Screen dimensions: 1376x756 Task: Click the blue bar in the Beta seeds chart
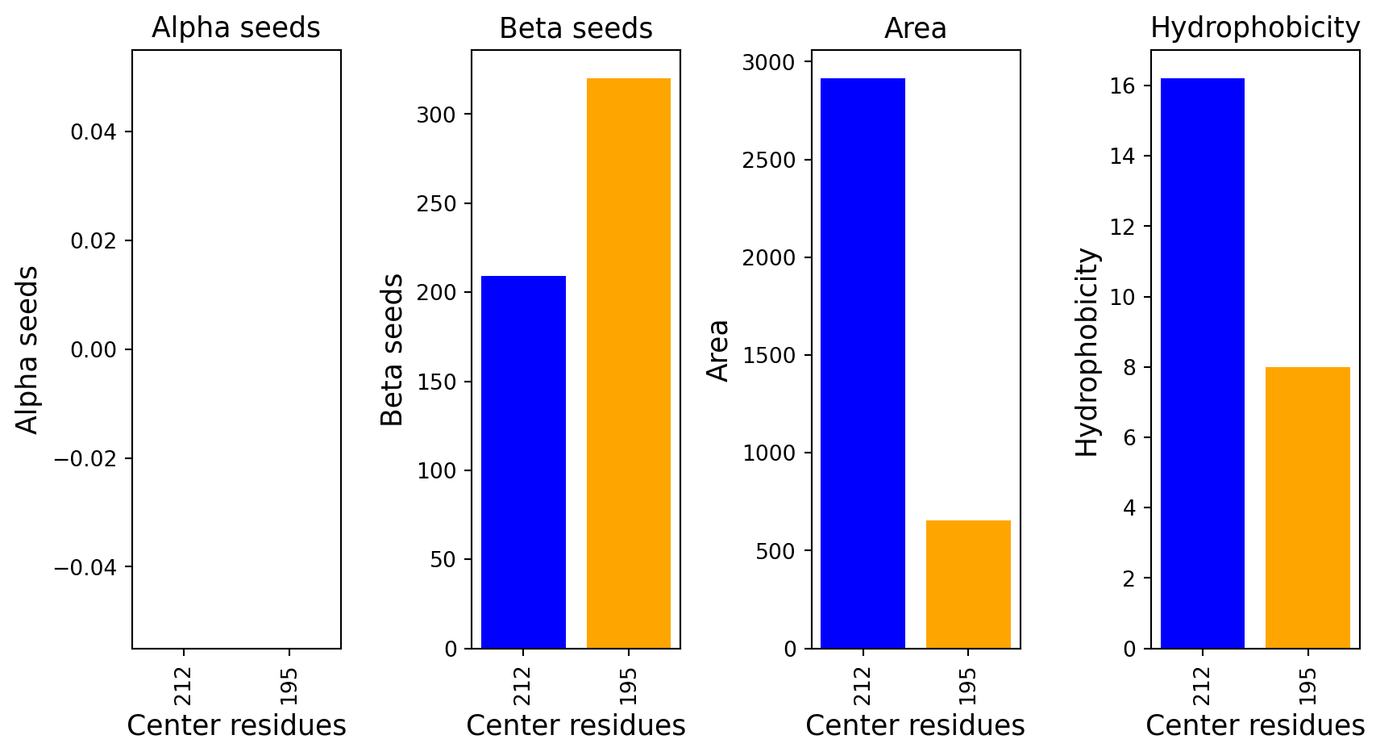tap(523, 462)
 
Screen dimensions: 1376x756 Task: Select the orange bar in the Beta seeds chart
tap(629, 363)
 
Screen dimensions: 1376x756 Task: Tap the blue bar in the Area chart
tap(863, 363)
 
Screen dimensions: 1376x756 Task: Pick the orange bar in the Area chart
tap(968, 584)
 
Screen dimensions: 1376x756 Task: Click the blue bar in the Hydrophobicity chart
tap(1202, 363)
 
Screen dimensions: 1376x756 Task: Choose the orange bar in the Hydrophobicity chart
tap(1307, 507)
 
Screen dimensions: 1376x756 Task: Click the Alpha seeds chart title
tap(236, 28)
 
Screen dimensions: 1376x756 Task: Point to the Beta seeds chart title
tap(576, 28)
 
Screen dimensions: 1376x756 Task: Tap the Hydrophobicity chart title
tap(1255, 28)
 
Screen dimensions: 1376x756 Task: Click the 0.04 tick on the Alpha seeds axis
tap(94, 132)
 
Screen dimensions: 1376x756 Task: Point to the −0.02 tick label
tap(85, 458)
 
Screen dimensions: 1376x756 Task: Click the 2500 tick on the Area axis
tap(769, 161)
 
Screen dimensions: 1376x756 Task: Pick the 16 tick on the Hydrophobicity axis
tap(1122, 86)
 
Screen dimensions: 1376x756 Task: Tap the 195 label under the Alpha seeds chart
tap(289, 685)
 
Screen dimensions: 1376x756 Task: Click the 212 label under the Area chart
tap(863, 685)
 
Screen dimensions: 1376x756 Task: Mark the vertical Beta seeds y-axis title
tap(391, 349)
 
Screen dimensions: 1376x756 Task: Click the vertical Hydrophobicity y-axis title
tap(1087, 353)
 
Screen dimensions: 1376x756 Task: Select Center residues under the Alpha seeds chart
tap(236, 725)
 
